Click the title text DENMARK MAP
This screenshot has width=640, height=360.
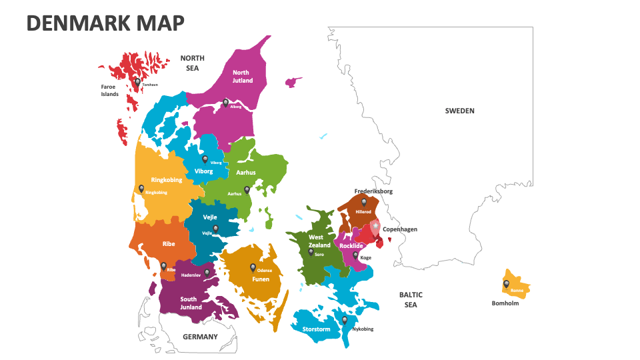(x=105, y=23)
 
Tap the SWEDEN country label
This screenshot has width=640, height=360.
(x=459, y=111)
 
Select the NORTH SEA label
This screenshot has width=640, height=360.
(x=192, y=63)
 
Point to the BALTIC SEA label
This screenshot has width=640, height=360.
(x=411, y=299)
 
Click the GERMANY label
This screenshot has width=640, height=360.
(x=200, y=337)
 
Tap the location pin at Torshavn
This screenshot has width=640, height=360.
(x=137, y=82)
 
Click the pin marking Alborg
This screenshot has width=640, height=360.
(x=225, y=103)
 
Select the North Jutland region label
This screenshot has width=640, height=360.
(x=242, y=77)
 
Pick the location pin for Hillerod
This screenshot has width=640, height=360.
(x=363, y=201)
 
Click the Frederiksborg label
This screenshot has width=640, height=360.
(x=373, y=191)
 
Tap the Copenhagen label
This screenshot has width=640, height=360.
(x=400, y=229)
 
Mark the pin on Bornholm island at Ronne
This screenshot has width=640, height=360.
(x=506, y=284)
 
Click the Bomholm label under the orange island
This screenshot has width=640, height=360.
(x=505, y=303)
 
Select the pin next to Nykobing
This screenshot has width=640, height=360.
(x=345, y=320)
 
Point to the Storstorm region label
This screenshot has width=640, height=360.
(x=316, y=329)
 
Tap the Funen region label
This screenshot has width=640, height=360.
(x=261, y=279)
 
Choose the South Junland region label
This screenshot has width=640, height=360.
(x=191, y=303)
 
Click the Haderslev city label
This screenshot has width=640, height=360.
(x=191, y=275)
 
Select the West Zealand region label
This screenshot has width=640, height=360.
(x=318, y=241)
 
